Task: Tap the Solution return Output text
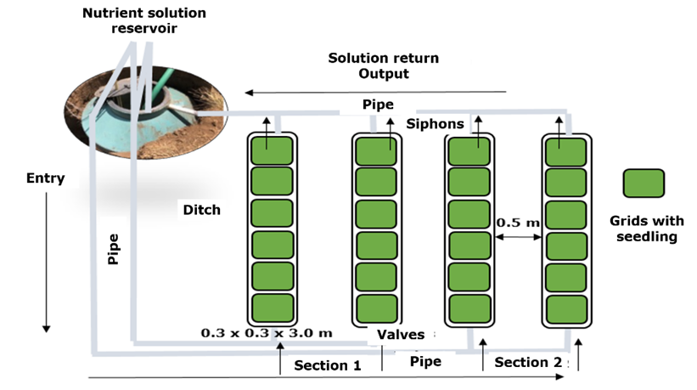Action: [x=384, y=65]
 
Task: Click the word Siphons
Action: [x=435, y=124]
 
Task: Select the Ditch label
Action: [x=201, y=209]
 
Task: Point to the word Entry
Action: [x=46, y=178]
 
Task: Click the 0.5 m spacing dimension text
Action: [x=518, y=223]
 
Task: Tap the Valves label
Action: [x=401, y=335]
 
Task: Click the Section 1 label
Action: [x=327, y=365]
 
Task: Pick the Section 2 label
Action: [x=528, y=363]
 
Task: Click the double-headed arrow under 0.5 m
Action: [x=518, y=239]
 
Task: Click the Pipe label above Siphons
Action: [x=378, y=105]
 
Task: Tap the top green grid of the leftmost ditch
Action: [x=272, y=150]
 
